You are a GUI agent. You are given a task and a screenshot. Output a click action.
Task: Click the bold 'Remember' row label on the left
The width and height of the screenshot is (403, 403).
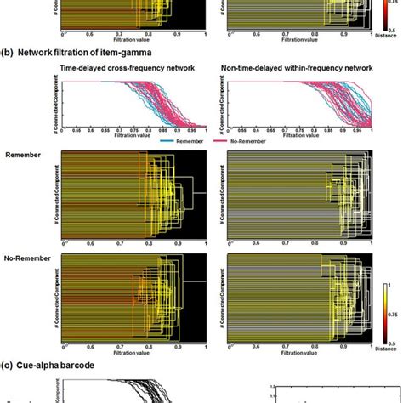(x=23, y=155)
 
